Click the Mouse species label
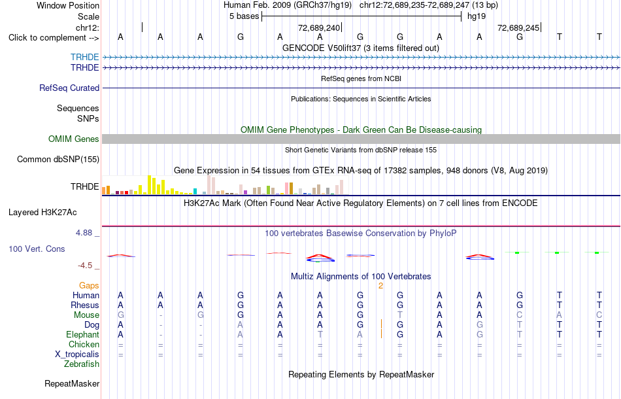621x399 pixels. pyautogui.click(x=86, y=315)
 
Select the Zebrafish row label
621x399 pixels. pyautogui.click(x=82, y=364)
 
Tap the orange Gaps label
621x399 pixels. pyautogui.click(x=89, y=286)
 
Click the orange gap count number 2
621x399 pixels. pyautogui.click(x=380, y=286)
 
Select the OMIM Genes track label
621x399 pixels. pyautogui.click(x=74, y=139)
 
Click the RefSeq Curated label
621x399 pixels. pyautogui.click(x=69, y=88)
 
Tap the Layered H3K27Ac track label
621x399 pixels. pyautogui.click(x=42, y=213)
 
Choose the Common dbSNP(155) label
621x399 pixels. pyautogui.click(x=58, y=160)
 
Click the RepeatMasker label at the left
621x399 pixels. pyautogui.click(x=72, y=383)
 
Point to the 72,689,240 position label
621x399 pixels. pyautogui.click(x=319, y=27)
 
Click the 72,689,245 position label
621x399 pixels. pyautogui.click(x=518, y=27)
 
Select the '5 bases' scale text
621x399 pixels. pyautogui.click(x=244, y=16)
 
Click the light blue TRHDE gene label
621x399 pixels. pyautogui.click(x=85, y=57)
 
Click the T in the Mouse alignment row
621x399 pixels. pyautogui.click(x=400, y=315)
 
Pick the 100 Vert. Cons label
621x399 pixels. pyautogui.click(x=37, y=249)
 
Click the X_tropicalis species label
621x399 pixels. pyautogui.click(x=77, y=355)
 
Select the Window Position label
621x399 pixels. pyautogui.click(x=68, y=5)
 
